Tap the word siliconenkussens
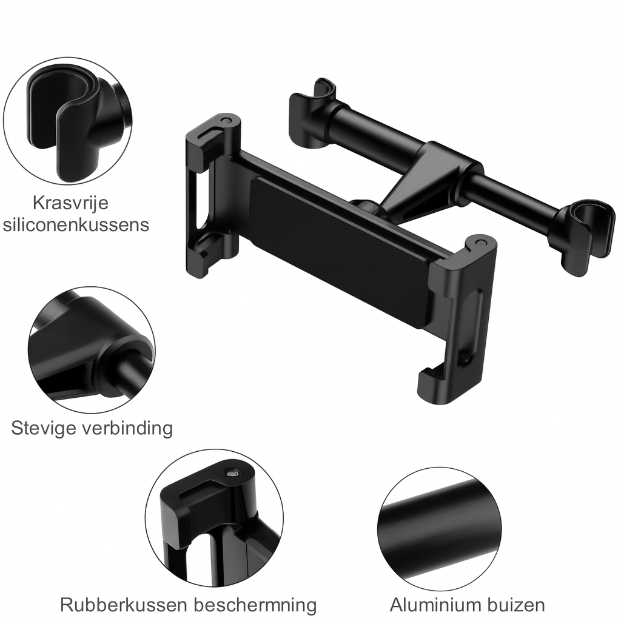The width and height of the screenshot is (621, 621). pos(75,224)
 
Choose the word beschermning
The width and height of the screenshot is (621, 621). pos(257,605)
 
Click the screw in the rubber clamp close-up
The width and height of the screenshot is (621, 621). pos(231,474)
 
